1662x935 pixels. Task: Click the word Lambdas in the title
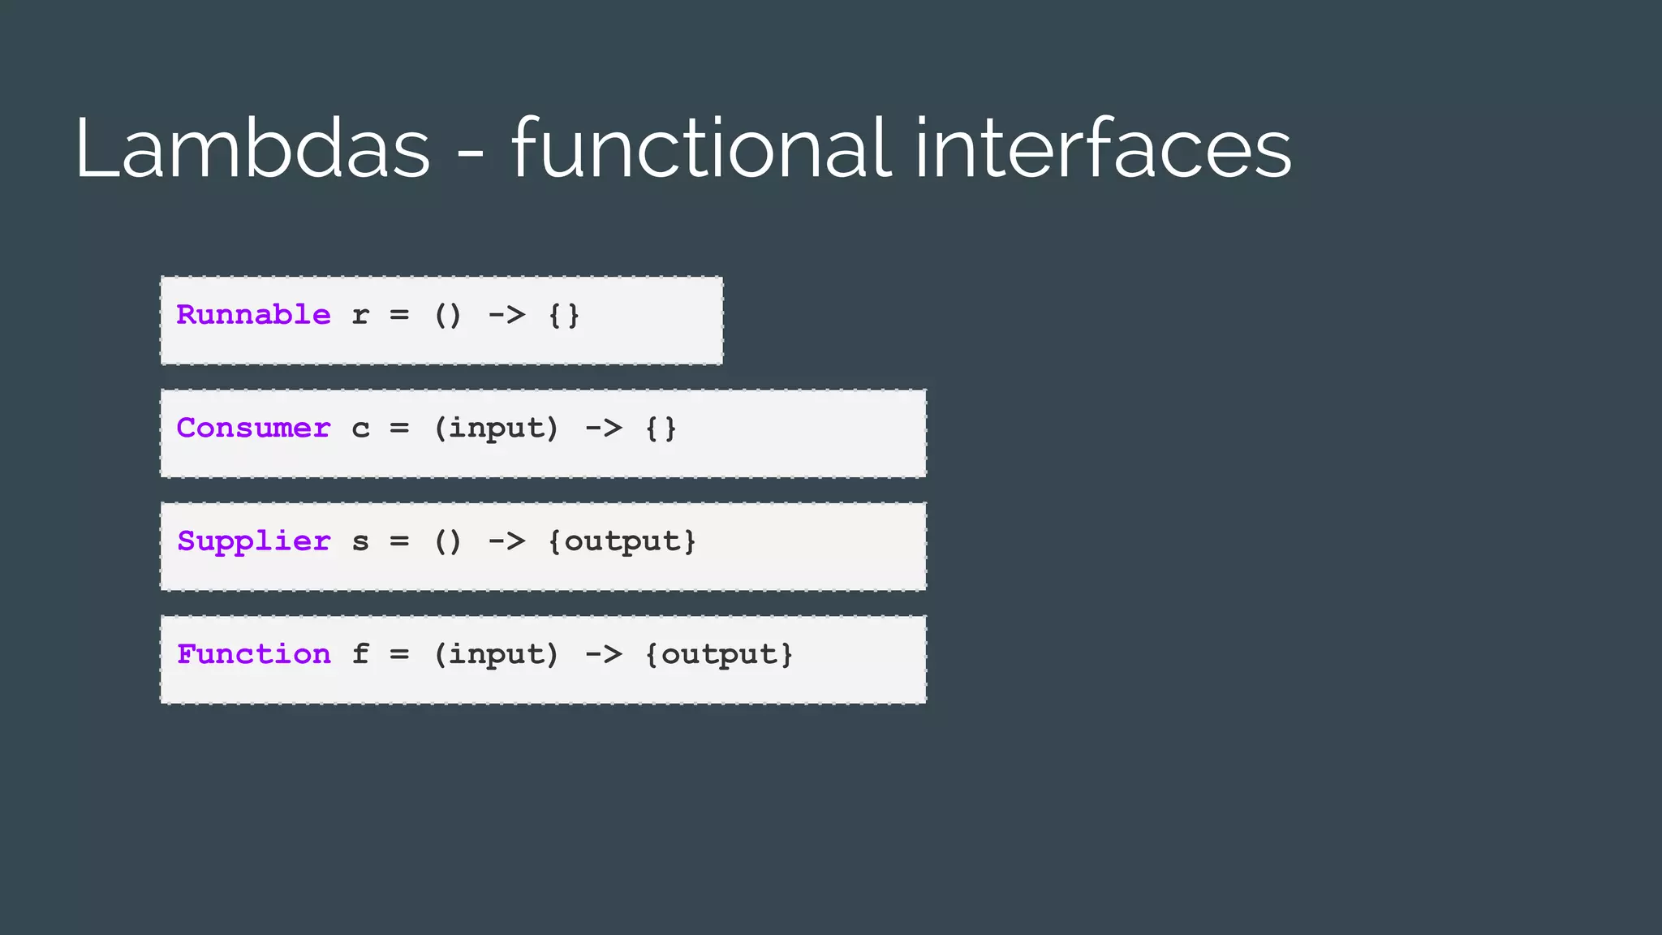(x=252, y=149)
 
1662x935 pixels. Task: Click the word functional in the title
(x=702, y=149)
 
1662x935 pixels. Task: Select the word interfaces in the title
(x=1103, y=149)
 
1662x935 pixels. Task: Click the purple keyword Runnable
(x=253, y=315)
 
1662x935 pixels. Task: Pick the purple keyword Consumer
(x=253, y=428)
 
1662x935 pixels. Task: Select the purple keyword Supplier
(x=253, y=541)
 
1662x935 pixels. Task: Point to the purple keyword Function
(x=253, y=654)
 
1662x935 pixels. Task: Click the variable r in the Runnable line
(x=360, y=316)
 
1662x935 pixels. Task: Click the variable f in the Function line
(x=360, y=654)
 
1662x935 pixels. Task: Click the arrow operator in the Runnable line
(x=506, y=316)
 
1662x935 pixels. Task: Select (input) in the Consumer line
(x=497, y=429)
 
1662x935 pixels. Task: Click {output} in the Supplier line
(x=622, y=541)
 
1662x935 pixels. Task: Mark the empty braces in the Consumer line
(x=661, y=429)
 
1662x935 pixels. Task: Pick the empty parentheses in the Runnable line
(x=448, y=316)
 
